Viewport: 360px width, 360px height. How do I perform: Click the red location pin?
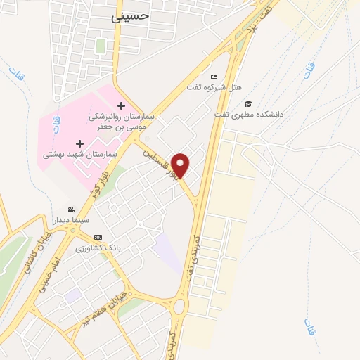[181, 165]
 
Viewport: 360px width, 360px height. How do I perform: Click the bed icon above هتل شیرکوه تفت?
[214, 77]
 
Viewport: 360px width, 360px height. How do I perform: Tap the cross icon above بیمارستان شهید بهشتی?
[79, 143]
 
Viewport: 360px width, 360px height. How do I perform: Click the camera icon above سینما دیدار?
[71, 210]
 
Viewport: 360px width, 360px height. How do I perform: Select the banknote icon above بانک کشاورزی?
[98, 237]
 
